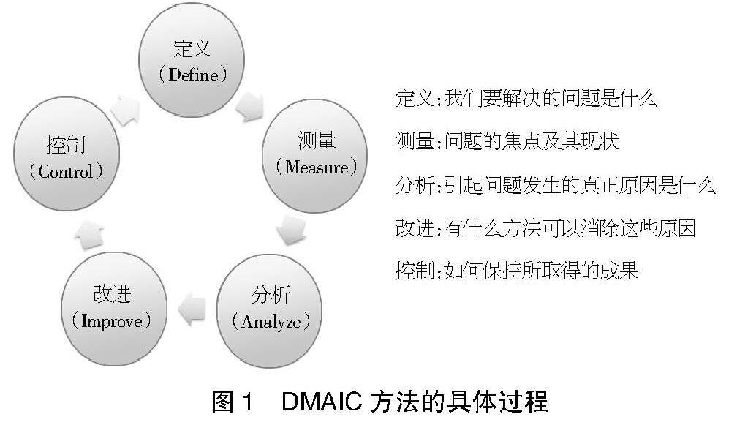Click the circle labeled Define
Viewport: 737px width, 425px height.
coord(192,61)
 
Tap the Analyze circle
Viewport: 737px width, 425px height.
coord(270,311)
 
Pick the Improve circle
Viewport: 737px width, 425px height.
coord(114,309)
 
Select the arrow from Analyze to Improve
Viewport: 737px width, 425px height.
coord(192,309)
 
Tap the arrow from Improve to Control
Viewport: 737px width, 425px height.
coord(89,236)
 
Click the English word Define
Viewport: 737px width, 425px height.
coord(193,75)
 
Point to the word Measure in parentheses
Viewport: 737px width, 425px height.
coord(317,168)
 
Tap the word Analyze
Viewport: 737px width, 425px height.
coord(271,322)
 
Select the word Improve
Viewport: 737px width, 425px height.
coord(112,321)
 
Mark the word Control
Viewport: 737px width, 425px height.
coord(65,172)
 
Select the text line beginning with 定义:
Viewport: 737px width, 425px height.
coord(526,98)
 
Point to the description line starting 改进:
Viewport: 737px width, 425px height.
coord(545,228)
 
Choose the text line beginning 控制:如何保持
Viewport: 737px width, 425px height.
coord(516,271)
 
